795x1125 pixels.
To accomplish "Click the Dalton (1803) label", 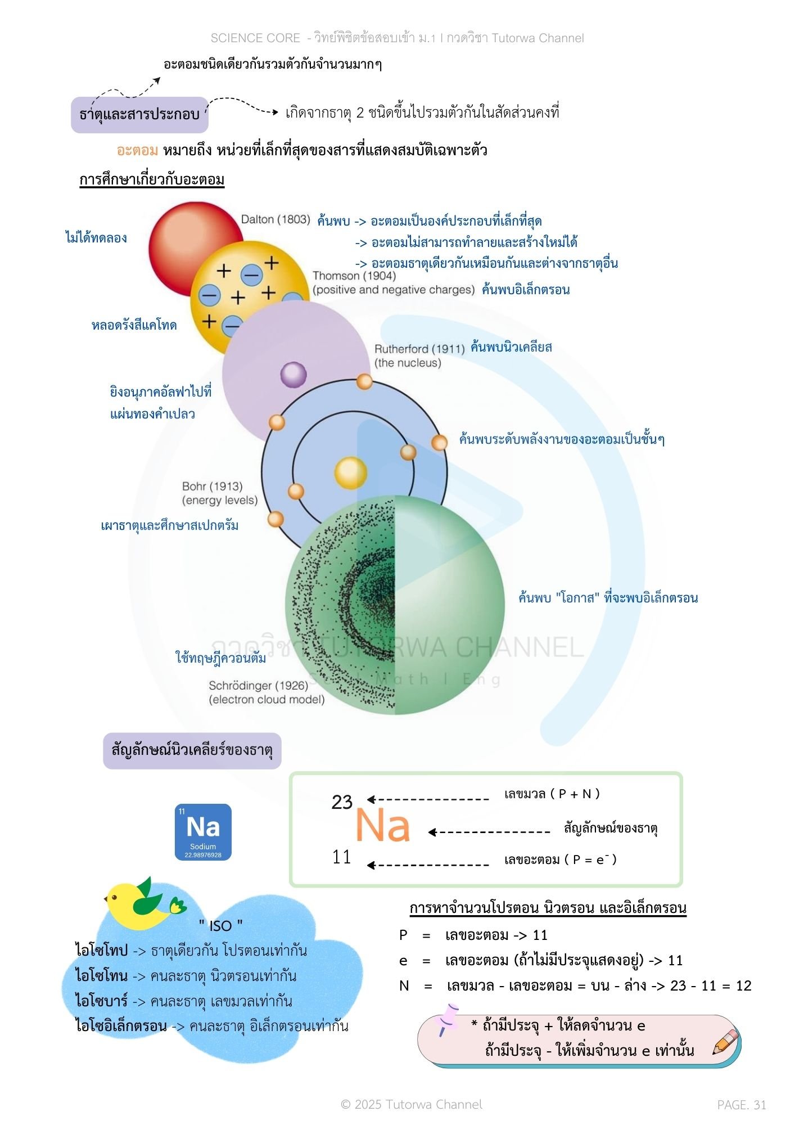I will point(275,219).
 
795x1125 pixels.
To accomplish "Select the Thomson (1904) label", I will point(354,276).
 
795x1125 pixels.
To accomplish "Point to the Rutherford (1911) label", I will point(419,349).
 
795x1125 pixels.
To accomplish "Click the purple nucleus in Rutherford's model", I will point(293,375).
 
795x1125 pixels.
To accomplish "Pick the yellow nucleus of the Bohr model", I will point(351,472).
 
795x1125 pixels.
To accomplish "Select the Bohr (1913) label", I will point(213,486).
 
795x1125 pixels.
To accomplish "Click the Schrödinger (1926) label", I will point(259,686).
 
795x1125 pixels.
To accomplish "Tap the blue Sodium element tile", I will point(203,832).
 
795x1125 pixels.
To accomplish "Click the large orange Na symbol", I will point(382,826).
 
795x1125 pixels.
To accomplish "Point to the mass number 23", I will point(342,802).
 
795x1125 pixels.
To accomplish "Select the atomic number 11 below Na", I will point(341,857).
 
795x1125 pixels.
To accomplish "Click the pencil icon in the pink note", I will point(725,1042).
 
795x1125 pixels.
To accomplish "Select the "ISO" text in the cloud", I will point(221,925).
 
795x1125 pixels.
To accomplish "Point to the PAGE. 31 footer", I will point(741,1105).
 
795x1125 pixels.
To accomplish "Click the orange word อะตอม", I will point(137,150).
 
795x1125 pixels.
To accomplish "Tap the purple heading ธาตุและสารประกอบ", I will point(139,114).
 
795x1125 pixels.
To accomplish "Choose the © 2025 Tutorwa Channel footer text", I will point(412,1104).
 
